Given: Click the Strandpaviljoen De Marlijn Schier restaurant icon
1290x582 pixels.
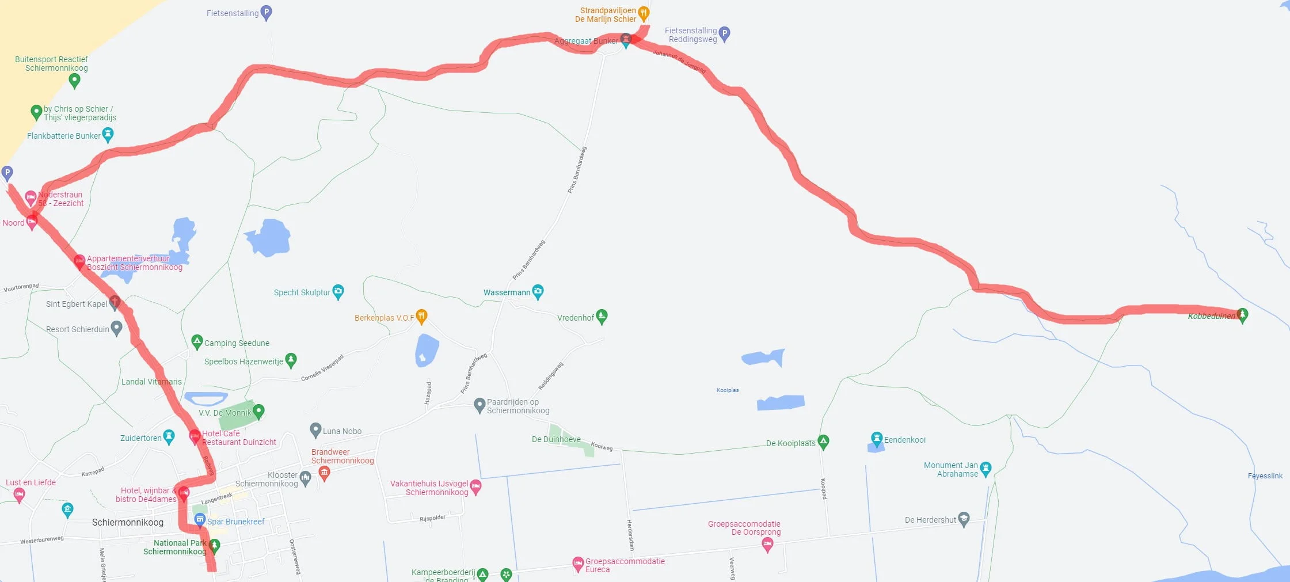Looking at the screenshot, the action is point(644,13).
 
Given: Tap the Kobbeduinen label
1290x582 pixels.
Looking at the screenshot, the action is point(1211,316).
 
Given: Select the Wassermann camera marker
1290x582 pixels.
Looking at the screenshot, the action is point(538,291).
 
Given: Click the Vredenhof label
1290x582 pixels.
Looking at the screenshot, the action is point(575,318).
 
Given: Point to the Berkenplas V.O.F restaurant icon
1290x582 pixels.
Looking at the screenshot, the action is point(421,316).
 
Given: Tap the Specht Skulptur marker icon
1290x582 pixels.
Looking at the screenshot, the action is point(338,291).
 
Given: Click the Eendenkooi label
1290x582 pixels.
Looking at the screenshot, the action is point(904,440).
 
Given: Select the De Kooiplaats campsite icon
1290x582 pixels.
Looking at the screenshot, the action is point(823,442).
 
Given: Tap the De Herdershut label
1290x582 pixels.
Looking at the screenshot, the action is point(930,520).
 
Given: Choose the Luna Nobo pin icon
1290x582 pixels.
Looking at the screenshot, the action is point(315,429).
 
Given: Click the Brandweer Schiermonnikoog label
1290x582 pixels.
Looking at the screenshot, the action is point(343,456).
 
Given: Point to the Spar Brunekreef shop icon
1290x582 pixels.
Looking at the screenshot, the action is point(200,520).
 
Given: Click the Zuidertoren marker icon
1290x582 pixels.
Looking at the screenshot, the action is point(169,436).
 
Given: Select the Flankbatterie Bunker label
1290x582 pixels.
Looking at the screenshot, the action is point(63,136).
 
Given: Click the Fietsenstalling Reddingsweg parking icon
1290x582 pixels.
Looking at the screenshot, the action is point(725,33).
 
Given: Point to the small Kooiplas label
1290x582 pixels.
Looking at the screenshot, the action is point(728,390).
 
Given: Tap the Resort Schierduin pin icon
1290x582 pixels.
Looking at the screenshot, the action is point(116,328).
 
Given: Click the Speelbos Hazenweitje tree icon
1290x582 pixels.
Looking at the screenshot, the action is point(291,360).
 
